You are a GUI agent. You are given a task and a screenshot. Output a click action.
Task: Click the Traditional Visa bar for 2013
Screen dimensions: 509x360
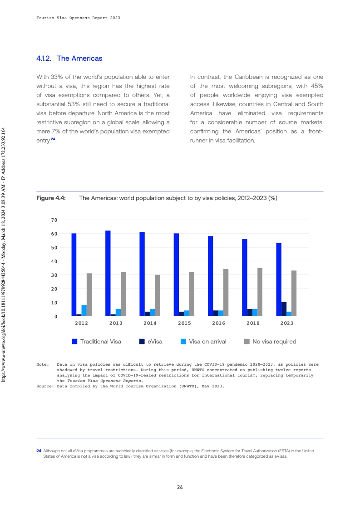108,273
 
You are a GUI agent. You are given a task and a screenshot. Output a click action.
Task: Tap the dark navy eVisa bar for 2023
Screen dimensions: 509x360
284,309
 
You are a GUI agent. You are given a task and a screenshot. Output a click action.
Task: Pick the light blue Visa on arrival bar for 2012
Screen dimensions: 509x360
84,310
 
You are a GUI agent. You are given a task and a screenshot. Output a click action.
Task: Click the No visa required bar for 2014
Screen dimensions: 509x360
158,295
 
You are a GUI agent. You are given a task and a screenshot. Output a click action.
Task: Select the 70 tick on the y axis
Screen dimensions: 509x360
54,220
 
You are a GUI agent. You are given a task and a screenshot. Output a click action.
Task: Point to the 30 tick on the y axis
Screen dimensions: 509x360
54,275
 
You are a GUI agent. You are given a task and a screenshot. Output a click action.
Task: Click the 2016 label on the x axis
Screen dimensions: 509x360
218,323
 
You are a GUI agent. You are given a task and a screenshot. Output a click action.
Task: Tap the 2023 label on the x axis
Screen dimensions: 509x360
286,323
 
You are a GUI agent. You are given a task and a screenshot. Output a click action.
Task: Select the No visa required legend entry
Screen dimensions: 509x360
270,342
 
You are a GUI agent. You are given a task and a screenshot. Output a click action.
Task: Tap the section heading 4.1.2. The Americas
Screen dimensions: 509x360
69,59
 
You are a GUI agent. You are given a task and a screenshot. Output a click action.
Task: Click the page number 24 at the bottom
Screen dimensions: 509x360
180,487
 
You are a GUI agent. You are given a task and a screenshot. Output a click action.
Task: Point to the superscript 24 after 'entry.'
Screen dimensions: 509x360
53,139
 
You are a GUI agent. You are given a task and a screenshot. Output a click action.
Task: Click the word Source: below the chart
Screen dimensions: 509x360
45,387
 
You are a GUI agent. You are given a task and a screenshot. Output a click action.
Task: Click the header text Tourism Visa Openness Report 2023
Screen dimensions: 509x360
78,18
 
